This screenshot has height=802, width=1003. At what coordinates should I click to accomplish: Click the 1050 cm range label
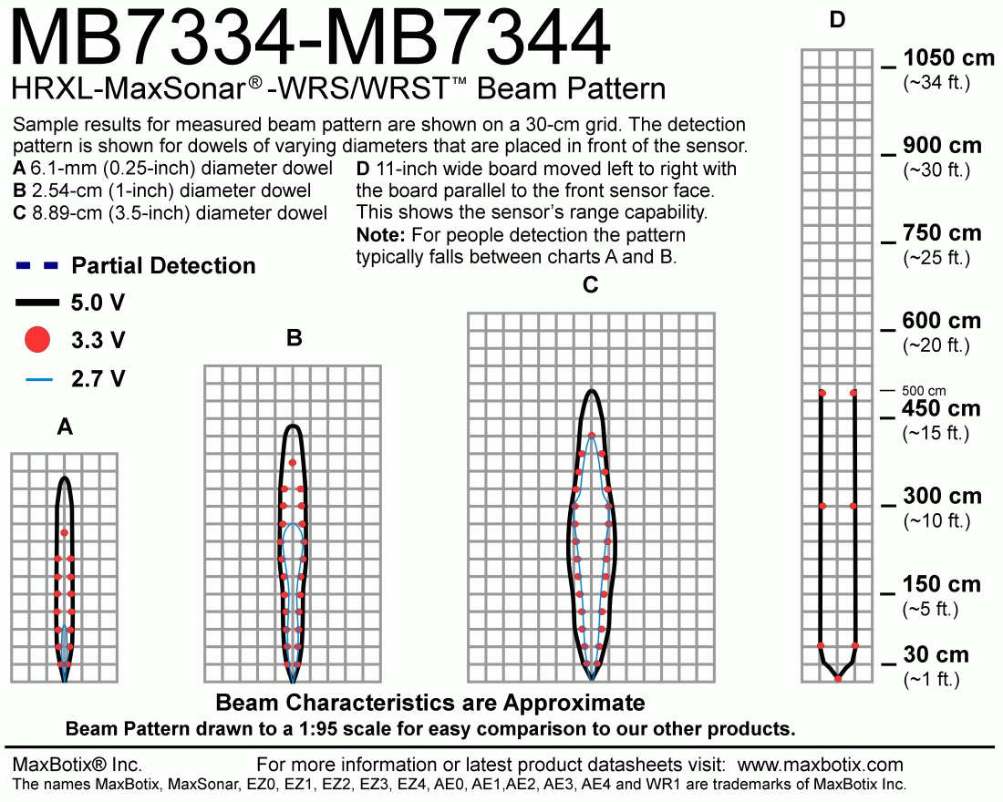948,58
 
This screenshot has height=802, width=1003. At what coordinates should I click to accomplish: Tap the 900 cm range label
942,145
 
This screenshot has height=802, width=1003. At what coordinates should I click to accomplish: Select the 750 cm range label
942,232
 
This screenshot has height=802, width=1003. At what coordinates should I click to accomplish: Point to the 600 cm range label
942,321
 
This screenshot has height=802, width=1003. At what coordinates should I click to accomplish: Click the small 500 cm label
924,391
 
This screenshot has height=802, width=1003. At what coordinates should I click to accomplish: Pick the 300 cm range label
942,496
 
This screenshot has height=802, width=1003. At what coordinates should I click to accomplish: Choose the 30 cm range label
936,654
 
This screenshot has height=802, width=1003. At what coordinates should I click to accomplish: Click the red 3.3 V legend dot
37,340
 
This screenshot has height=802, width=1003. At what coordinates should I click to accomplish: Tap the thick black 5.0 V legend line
37,303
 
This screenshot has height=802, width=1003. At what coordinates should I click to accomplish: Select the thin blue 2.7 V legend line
39,380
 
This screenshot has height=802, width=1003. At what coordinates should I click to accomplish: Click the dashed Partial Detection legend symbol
36,265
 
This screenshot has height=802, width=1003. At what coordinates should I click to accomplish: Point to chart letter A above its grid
65,427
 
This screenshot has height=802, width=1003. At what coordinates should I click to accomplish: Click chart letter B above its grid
295,338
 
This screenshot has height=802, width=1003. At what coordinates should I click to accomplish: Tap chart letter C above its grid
591,284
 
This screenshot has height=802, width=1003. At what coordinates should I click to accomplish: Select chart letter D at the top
837,20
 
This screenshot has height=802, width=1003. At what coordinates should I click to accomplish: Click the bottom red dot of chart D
838,678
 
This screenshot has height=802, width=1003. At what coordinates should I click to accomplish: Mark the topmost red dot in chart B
293,462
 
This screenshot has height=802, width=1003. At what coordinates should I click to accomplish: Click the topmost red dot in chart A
64,533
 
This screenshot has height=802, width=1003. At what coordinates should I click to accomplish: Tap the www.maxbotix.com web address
820,765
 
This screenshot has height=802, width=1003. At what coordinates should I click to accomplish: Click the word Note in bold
380,235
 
